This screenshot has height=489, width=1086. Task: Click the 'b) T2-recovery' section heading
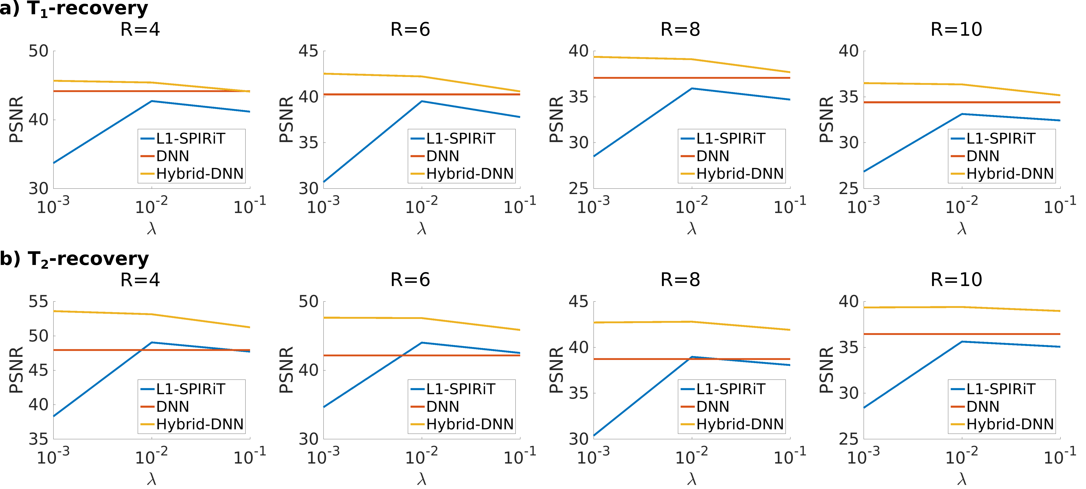click(74, 259)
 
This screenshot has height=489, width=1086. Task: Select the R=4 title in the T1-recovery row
click(140, 30)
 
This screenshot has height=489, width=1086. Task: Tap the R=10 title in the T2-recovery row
click(956, 280)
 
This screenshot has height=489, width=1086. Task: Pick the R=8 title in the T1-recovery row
click(680, 30)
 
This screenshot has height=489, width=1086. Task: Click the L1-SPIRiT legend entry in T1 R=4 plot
click(191, 138)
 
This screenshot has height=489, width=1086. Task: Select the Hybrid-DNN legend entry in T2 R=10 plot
click(1010, 424)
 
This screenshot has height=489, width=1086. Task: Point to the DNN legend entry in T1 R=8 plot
click(712, 156)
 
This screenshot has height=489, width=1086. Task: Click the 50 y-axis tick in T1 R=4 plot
click(38, 51)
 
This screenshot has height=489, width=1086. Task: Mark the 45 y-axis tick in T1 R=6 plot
click(308, 51)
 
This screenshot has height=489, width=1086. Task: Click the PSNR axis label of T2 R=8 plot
click(557, 370)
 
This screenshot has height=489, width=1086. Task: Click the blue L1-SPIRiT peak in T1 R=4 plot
click(152, 101)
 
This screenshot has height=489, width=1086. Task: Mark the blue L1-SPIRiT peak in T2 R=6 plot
click(422, 343)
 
